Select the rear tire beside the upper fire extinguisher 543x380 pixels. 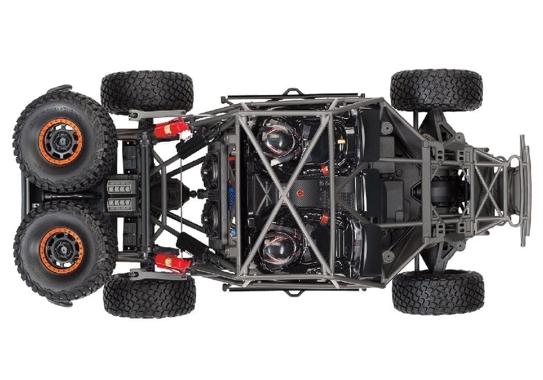[x=147, y=91]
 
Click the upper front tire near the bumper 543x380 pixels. [x=436, y=90]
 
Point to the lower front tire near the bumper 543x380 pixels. [x=438, y=292]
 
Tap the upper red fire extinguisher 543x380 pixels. [x=171, y=129]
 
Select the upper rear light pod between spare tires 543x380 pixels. [x=119, y=187]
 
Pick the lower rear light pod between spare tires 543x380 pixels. [x=119, y=204]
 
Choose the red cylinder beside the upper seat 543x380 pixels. [x=325, y=170]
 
